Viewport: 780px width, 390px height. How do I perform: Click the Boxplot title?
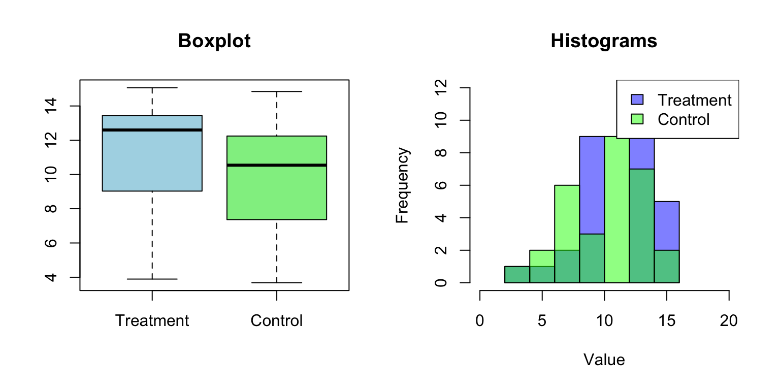pyautogui.click(x=214, y=41)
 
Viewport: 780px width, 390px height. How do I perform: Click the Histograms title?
pyautogui.click(x=604, y=41)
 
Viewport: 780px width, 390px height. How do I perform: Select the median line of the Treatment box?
pyautogui.click(x=152, y=130)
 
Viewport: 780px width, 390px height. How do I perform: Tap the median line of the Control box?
pyautogui.click(x=276, y=165)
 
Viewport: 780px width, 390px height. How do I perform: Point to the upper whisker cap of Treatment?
pyautogui.click(x=152, y=88)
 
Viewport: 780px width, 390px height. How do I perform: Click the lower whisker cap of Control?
pyautogui.click(x=276, y=282)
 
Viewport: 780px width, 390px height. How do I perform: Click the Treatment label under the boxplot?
pyautogui.click(x=152, y=321)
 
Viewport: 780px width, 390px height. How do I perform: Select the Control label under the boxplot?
pyautogui.click(x=276, y=321)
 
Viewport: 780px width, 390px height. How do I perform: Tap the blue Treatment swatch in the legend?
pyautogui.click(x=637, y=100)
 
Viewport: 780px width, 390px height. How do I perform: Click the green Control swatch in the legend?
pyautogui.click(x=637, y=119)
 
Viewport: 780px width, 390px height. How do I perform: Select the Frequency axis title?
pyautogui.click(x=402, y=185)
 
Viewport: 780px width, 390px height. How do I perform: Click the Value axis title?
pyautogui.click(x=604, y=360)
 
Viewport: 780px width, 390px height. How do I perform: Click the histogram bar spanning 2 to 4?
pyautogui.click(x=517, y=275)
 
